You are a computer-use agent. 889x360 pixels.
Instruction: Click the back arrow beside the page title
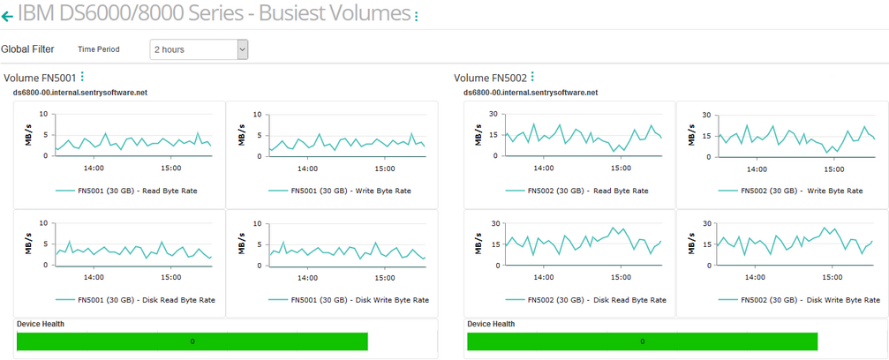point(7,16)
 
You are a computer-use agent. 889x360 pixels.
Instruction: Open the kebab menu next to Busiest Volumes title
point(417,16)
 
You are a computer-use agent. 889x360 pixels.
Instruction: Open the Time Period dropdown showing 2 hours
point(200,49)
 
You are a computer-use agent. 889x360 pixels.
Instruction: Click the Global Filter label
point(27,49)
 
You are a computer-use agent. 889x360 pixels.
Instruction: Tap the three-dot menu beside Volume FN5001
point(82,78)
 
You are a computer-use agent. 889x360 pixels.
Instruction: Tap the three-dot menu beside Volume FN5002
point(532,78)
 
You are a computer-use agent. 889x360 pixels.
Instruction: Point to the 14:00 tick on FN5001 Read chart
point(93,168)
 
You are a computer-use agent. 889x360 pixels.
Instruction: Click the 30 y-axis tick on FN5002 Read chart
point(494,115)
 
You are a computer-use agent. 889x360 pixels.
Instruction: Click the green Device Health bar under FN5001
point(192,341)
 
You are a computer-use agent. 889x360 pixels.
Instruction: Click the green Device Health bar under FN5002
point(642,341)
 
